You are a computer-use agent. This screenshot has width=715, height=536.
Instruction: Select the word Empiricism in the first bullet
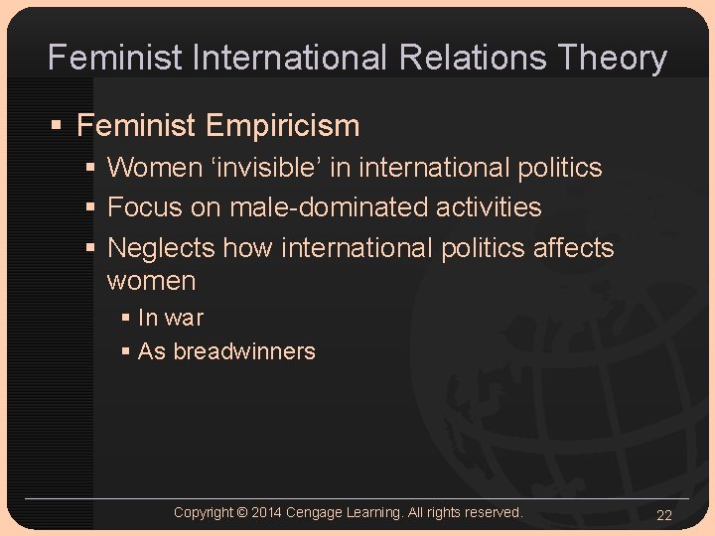[283, 126]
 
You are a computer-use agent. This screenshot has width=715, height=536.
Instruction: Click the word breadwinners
[244, 351]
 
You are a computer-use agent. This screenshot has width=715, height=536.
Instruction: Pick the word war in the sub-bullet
[184, 318]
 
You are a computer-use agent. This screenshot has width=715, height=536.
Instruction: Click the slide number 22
[664, 514]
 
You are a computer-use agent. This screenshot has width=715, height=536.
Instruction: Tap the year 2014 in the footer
[266, 512]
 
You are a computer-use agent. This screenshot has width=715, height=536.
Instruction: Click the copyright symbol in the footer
[242, 512]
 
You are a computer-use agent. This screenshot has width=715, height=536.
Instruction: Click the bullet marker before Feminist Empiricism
[59, 127]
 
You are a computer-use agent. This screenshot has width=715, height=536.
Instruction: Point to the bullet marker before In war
[125, 319]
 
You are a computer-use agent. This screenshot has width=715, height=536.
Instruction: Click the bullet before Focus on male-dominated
[91, 208]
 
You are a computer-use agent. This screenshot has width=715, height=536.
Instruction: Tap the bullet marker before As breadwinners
[125, 352]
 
